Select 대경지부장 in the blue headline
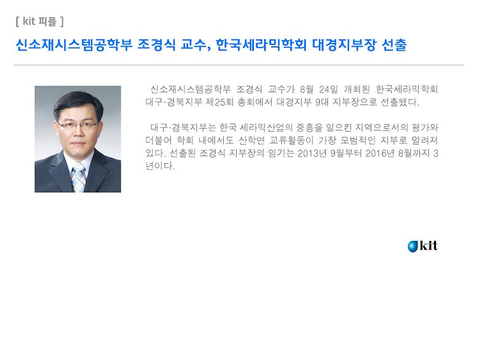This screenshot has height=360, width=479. click(339, 46)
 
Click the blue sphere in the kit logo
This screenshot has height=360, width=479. click(413, 246)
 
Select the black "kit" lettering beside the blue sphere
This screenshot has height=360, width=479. click(429, 246)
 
